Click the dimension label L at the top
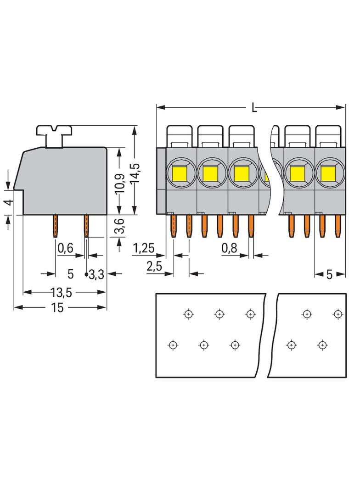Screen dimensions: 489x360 [254, 108]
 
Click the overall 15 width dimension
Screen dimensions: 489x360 [58, 308]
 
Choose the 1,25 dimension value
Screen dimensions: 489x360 [143, 249]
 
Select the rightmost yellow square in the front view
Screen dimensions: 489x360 [328, 174]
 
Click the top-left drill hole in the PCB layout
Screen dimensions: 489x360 [188, 314]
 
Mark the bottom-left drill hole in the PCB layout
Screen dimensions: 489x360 [173, 344]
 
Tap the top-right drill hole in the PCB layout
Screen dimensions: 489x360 [338, 314]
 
